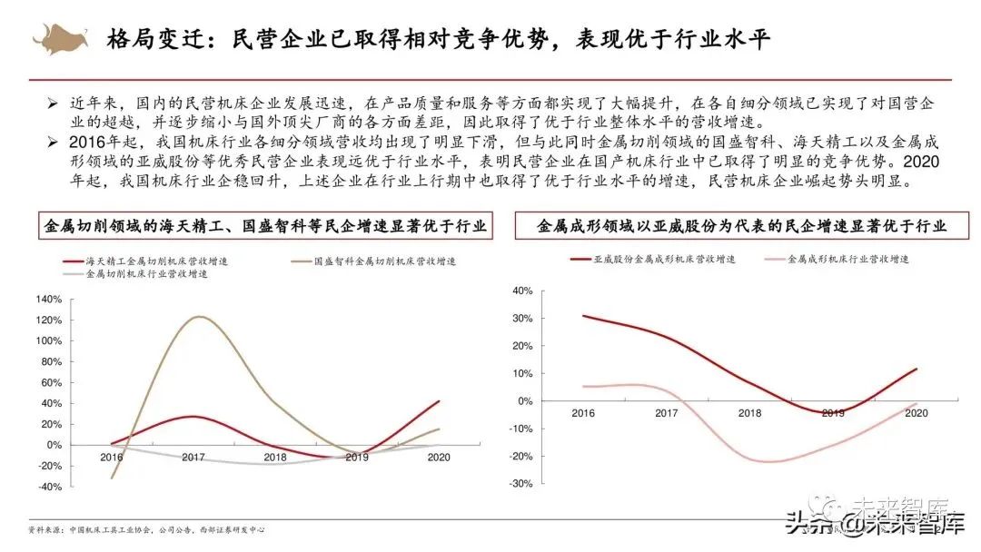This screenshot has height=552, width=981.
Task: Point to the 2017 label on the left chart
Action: (193, 458)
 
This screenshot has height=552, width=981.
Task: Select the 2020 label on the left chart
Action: (439, 458)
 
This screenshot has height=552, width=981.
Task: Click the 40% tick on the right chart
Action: (520, 291)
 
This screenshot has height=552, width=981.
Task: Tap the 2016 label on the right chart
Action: (583, 414)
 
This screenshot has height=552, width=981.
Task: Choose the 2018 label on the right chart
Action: (750, 414)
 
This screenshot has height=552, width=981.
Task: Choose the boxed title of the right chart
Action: (740, 226)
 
